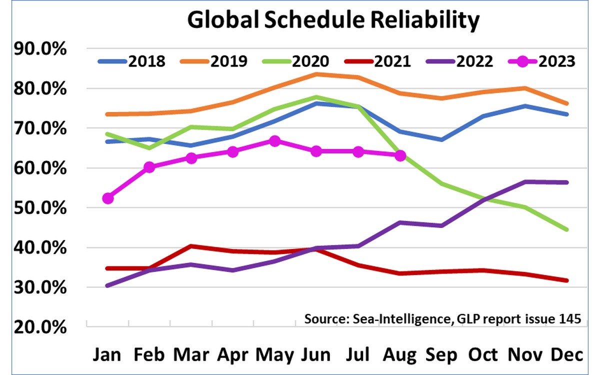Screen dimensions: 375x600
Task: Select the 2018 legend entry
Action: (x=131, y=61)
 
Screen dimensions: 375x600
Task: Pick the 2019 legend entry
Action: (x=213, y=61)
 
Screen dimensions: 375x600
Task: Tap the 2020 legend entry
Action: (x=295, y=61)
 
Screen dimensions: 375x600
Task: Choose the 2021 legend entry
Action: (x=377, y=61)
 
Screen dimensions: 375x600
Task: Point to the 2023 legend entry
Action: (x=542, y=61)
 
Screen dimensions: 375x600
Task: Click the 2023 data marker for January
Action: (x=108, y=198)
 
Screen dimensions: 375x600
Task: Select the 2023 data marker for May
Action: (x=274, y=141)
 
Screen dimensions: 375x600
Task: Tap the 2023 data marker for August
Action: (x=400, y=155)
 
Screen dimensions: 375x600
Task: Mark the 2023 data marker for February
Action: (x=149, y=167)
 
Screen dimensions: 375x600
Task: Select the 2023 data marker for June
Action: (x=316, y=151)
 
